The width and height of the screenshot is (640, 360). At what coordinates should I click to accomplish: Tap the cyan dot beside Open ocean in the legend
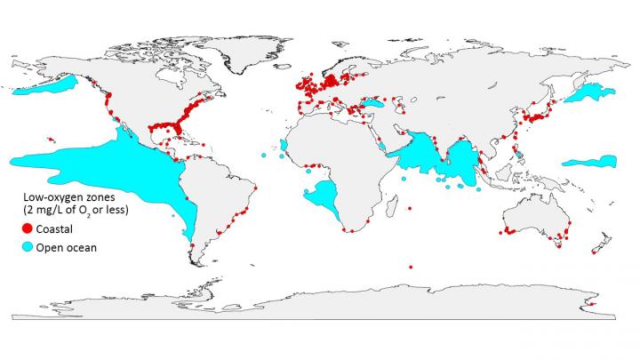[28, 247]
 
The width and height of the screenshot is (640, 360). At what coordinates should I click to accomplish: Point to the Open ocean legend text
[67, 247]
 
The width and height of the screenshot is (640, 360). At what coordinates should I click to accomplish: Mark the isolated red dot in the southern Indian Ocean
[411, 265]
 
